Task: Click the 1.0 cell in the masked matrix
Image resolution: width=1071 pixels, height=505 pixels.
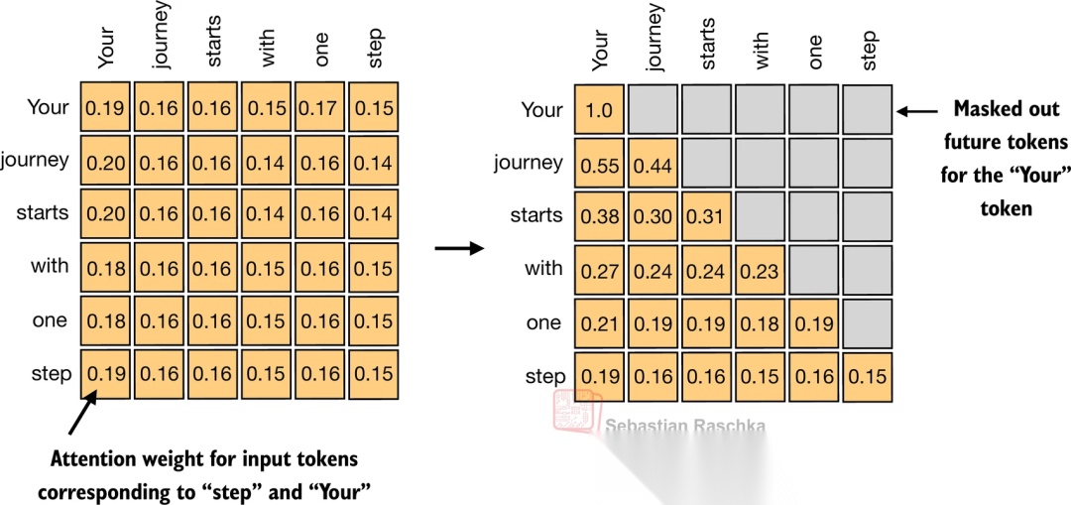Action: (600, 109)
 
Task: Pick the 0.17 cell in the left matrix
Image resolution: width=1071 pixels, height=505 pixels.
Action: (319, 106)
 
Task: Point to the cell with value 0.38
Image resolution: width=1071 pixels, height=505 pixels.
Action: (600, 216)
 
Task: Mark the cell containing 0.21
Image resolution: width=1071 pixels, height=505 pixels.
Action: (600, 322)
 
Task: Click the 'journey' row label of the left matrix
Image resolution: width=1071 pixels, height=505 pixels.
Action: (35, 160)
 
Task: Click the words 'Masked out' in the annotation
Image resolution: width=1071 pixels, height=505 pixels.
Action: (1006, 109)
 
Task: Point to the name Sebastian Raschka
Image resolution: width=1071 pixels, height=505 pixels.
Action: (685, 426)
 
